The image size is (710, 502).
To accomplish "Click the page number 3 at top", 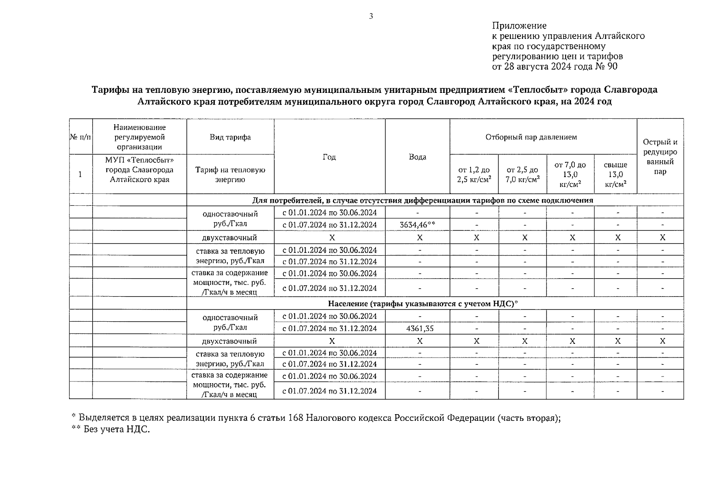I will point(371,16).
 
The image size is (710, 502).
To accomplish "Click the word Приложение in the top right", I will point(519,26).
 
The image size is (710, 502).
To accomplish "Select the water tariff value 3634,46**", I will point(417,225).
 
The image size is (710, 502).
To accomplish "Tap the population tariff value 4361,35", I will point(419,328).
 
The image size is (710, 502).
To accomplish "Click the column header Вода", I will point(417,157).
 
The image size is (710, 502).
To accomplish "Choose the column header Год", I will point(329,157).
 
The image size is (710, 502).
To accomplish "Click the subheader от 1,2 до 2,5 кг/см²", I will point(474,174).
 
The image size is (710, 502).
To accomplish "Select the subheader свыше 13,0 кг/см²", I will point(615,174).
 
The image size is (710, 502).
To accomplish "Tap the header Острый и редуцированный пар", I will point(660,157).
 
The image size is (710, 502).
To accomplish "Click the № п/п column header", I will point(80,137).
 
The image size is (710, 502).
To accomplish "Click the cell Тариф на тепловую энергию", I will point(230,174).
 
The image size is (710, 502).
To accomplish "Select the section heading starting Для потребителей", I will point(422,200).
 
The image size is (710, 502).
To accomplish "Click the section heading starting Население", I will point(423,303).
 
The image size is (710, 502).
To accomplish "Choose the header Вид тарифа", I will point(230,137).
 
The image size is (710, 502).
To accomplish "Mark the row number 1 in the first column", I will point(80,174).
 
